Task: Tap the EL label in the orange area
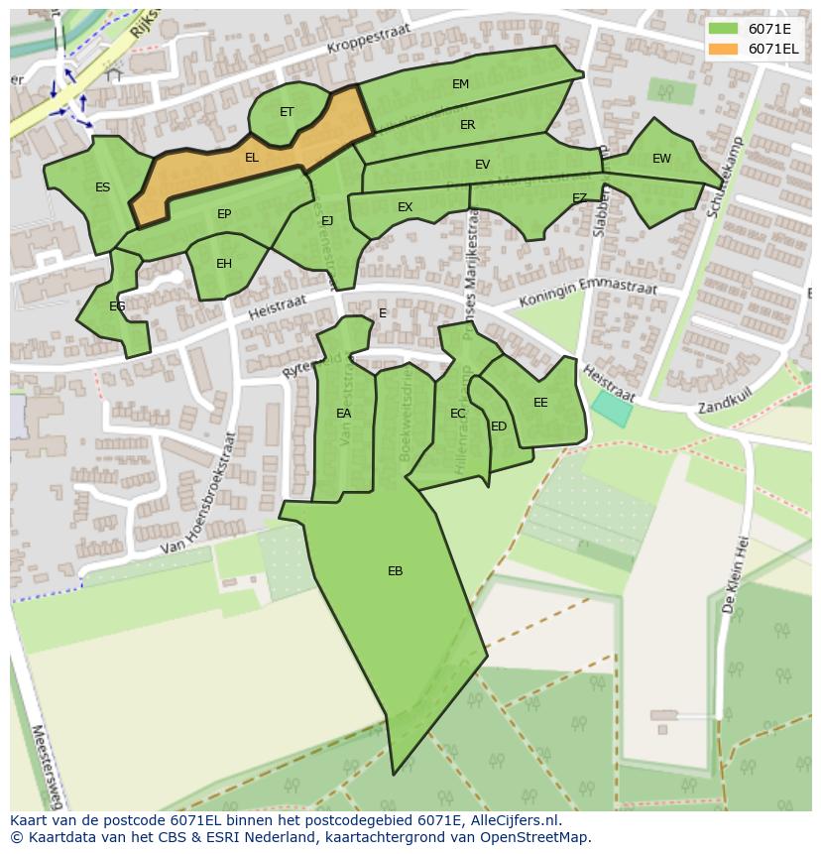coord(252,158)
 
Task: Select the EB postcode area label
coord(395,571)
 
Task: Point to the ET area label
coord(287,112)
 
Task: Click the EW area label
coord(661,159)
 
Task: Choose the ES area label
coord(103,187)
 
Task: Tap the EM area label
coord(460,84)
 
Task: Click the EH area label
coord(224,264)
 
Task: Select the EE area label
coord(540,403)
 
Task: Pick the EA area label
coord(343,414)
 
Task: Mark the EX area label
coord(405,207)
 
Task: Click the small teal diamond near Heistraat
coord(611,409)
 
